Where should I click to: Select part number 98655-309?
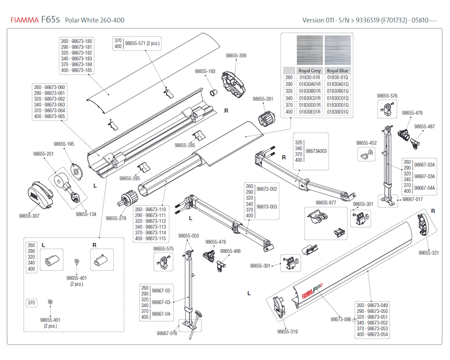click(236, 56)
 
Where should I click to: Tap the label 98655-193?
click(205, 72)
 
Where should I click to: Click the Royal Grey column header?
click(310, 71)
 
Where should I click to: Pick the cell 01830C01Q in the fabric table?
click(337, 98)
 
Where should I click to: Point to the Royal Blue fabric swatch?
click(337, 51)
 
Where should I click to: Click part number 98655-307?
click(29, 216)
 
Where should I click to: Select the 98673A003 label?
click(316, 151)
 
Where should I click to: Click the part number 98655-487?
click(424, 126)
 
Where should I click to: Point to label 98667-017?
click(412, 199)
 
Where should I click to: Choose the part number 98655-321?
click(428, 252)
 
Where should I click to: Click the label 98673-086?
click(341, 319)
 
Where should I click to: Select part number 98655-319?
click(287, 332)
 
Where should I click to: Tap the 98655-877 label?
click(326, 202)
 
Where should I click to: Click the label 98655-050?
click(188, 236)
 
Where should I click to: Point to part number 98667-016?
click(167, 333)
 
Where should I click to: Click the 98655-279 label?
click(116, 218)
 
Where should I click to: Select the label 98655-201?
click(43, 154)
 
